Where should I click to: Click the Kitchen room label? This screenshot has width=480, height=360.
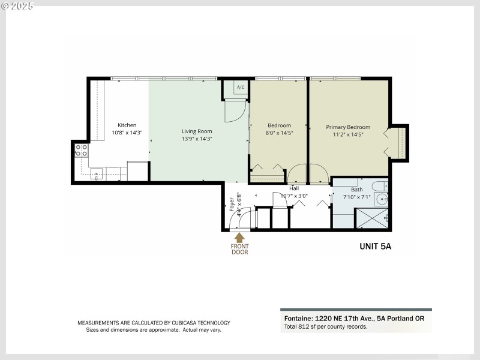pos(127,125)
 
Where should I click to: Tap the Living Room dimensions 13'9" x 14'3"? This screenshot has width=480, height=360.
pos(197,139)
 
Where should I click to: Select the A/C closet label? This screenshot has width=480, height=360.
pos(241,88)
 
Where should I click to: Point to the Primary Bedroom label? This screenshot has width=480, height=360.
pos(348,127)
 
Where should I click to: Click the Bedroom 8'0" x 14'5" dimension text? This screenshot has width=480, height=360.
pos(279,134)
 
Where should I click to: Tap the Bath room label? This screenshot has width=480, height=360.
pos(356,190)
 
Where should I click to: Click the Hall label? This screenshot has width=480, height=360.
pos(294,188)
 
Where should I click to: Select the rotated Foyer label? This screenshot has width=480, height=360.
pos(232,205)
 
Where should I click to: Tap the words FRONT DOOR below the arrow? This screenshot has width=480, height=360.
pos(239,248)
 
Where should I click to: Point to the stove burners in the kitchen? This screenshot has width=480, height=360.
pos(81,150)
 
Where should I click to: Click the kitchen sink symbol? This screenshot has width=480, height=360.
pos(97,175)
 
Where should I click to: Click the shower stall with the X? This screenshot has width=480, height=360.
pos(372,218)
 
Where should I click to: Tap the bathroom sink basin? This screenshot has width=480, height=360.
pos(382,199)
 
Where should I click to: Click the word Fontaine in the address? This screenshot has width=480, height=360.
pos(296,319)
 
